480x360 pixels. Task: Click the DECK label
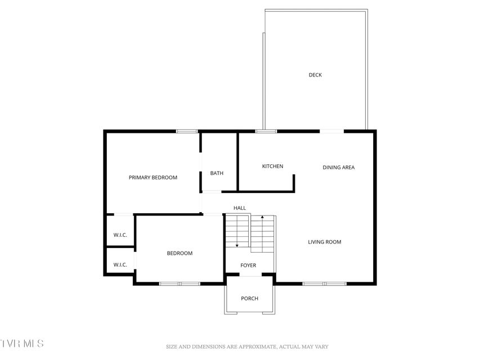pyautogui.click(x=315, y=75)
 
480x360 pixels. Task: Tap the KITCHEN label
pyautogui.click(x=272, y=166)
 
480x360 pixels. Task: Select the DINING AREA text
pyautogui.click(x=339, y=168)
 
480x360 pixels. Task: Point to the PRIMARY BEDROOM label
pyautogui.click(x=152, y=178)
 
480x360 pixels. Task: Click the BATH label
pyautogui.click(x=217, y=173)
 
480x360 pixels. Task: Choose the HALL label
pyautogui.click(x=240, y=208)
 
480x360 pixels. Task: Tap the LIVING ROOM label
pyautogui.click(x=325, y=242)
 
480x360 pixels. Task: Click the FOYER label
pyautogui.click(x=248, y=265)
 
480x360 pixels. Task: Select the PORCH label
pyautogui.click(x=249, y=299)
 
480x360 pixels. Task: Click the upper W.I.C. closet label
pyautogui.click(x=120, y=235)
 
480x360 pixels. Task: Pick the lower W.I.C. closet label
pyautogui.click(x=120, y=265)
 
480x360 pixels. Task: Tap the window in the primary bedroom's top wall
pyautogui.click(x=187, y=131)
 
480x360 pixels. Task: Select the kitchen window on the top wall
pyautogui.click(x=266, y=131)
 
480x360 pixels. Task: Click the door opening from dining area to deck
pyautogui.click(x=332, y=131)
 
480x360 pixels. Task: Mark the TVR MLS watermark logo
pyautogui.click(x=22, y=343)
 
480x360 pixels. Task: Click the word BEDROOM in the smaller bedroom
pyautogui.click(x=180, y=253)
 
